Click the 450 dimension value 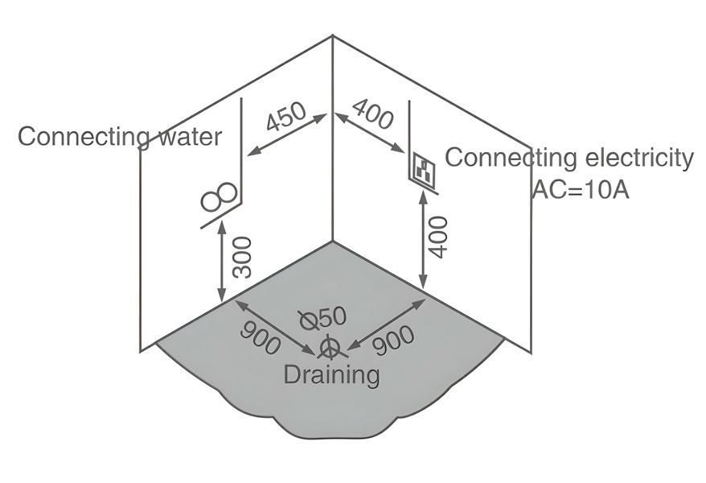286,118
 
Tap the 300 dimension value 242,258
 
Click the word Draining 331,374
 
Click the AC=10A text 580,190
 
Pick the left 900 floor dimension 261,337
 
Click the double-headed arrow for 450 287,134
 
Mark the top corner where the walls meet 333,35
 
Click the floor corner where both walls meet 333,241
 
